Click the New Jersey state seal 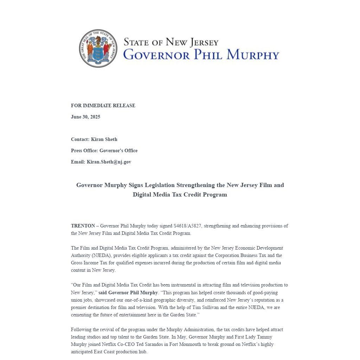tap(98, 49)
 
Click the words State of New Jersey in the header tap(171, 42)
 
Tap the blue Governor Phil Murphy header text tap(201, 55)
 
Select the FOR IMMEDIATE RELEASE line tap(103, 105)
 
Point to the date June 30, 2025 tap(85, 117)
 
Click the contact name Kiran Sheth tap(104, 139)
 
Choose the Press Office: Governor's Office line tap(104, 150)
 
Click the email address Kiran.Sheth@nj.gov tap(109, 162)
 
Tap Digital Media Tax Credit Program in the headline tap(180, 194)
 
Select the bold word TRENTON tap(83, 226)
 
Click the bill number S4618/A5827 tap(187, 226)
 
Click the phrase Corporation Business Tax tap(240, 255)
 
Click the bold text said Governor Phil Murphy tap(128, 292)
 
